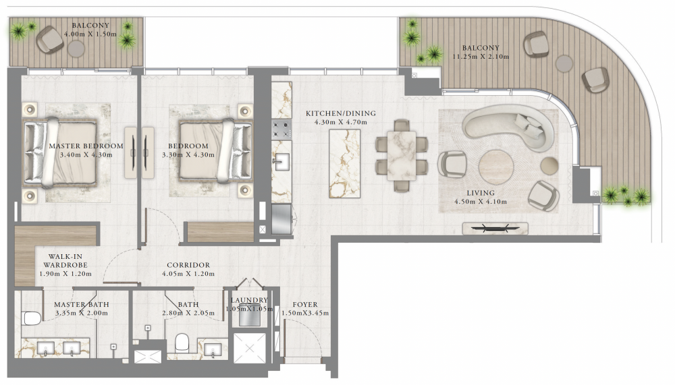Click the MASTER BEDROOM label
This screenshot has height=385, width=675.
coord(86,146)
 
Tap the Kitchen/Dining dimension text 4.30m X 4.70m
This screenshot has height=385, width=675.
coord(340,122)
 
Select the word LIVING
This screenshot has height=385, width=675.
coord(481,193)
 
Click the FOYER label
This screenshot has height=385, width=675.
coord(305,305)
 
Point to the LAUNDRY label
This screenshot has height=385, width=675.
coord(249,300)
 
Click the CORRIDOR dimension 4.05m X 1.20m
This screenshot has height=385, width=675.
coord(188,274)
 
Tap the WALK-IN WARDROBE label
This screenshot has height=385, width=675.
coord(65,261)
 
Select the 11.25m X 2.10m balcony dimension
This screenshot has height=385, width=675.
coord(481,57)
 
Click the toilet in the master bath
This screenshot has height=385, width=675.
coord(32,318)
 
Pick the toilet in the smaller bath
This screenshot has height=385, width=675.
coord(182,343)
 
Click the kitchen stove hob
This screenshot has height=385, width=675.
coord(281,129)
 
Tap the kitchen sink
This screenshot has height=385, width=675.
coord(281,162)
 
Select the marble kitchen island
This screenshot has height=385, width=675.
coord(344,163)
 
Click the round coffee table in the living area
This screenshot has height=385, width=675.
coord(496,167)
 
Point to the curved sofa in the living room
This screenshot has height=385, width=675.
coord(509,126)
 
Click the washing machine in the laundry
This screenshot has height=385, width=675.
coord(248,317)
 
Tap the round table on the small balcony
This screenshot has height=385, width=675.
coord(76,49)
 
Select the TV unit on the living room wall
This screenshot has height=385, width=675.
coord(495,229)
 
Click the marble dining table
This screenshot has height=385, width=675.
coord(402,155)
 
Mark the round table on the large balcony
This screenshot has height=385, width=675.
coord(564,63)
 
